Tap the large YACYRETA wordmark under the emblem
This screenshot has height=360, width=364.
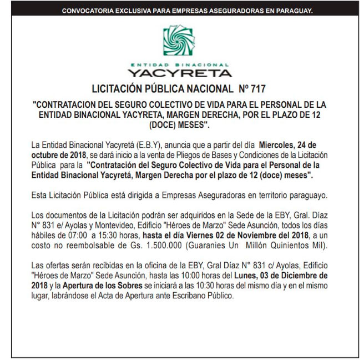180,72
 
